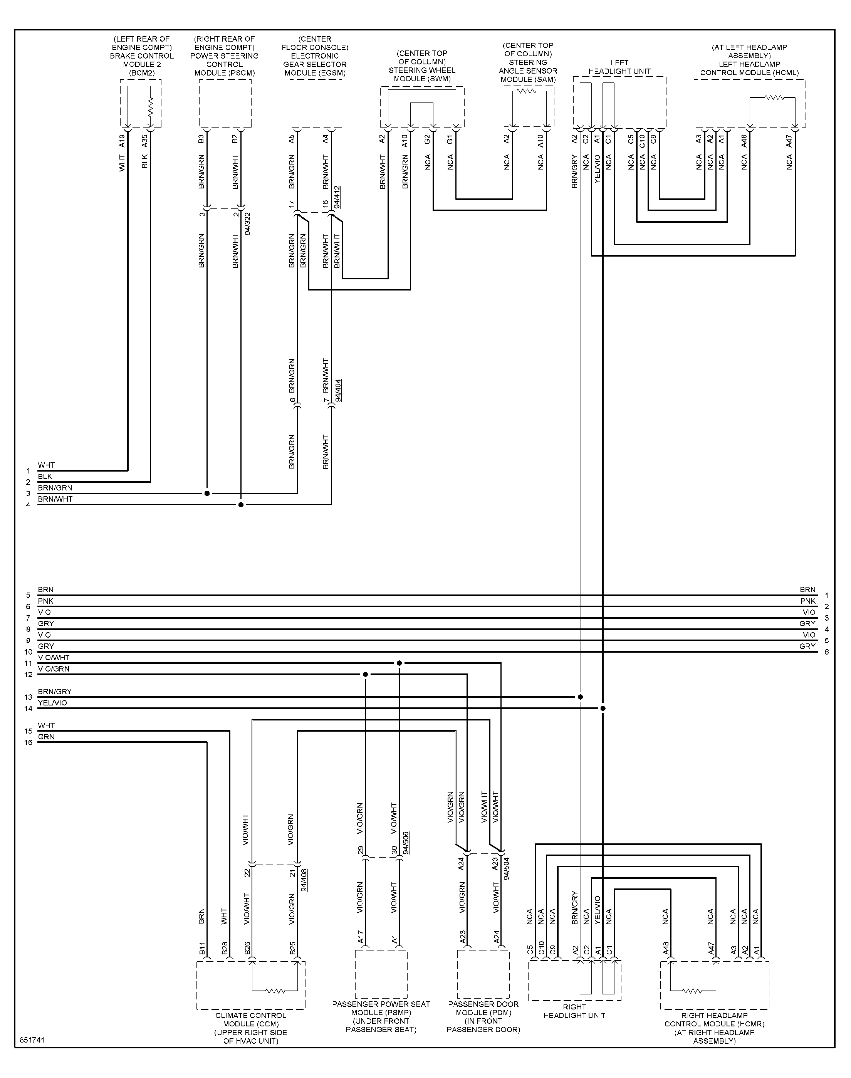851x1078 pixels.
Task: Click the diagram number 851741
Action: click(x=32, y=1041)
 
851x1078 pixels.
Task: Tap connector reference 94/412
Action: click(x=337, y=197)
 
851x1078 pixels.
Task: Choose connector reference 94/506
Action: click(x=406, y=843)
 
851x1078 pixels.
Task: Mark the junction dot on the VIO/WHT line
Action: click(x=399, y=663)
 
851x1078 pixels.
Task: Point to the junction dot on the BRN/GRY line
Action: click(x=581, y=697)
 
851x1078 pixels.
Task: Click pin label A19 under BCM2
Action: click(x=122, y=141)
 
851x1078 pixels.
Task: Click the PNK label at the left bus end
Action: click(x=45, y=601)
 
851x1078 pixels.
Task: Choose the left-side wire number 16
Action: click(x=29, y=743)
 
